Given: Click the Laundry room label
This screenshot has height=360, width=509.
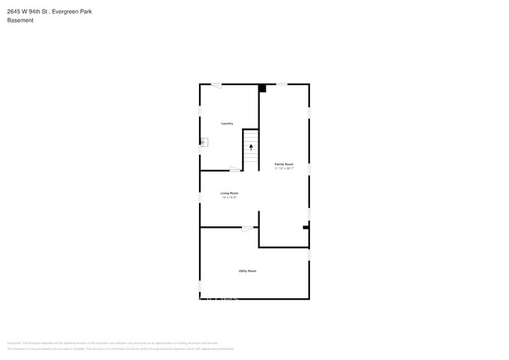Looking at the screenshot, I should pyautogui.click(x=227, y=123).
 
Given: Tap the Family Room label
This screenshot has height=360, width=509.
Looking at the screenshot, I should pyautogui.click(x=283, y=164).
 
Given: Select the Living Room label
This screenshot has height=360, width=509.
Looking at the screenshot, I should pyautogui.click(x=229, y=193).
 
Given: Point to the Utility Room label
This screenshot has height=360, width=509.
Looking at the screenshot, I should pyautogui.click(x=247, y=271).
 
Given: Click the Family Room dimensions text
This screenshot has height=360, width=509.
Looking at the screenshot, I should pyautogui.click(x=283, y=169).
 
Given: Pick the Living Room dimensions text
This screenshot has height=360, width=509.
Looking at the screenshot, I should pyautogui.click(x=229, y=197).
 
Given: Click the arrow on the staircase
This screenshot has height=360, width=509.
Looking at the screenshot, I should pyautogui.click(x=251, y=146).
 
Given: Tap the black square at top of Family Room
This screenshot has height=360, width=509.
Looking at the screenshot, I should pyautogui.click(x=262, y=88).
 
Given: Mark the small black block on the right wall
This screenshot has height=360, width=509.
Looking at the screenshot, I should pyautogui.click(x=305, y=228).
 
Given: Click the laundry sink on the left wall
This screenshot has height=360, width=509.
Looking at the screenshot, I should pyautogui.click(x=204, y=142).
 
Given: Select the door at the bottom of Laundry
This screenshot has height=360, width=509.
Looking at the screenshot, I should pyautogui.click(x=235, y=169).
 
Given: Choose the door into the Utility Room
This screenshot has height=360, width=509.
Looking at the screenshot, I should pyautogui.click(x=247, y=228).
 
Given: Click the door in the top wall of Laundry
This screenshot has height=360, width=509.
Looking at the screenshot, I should pyautogui.click(x=215, y=85).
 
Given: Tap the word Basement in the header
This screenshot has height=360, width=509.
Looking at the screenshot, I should pyautogui.click(x=20, y=20).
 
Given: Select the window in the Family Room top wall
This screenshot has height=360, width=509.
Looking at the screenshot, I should pyautogui.click(x=280, y=84).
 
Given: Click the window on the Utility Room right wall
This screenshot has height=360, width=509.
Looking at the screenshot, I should pyautogui.click(x=309, y=254).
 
